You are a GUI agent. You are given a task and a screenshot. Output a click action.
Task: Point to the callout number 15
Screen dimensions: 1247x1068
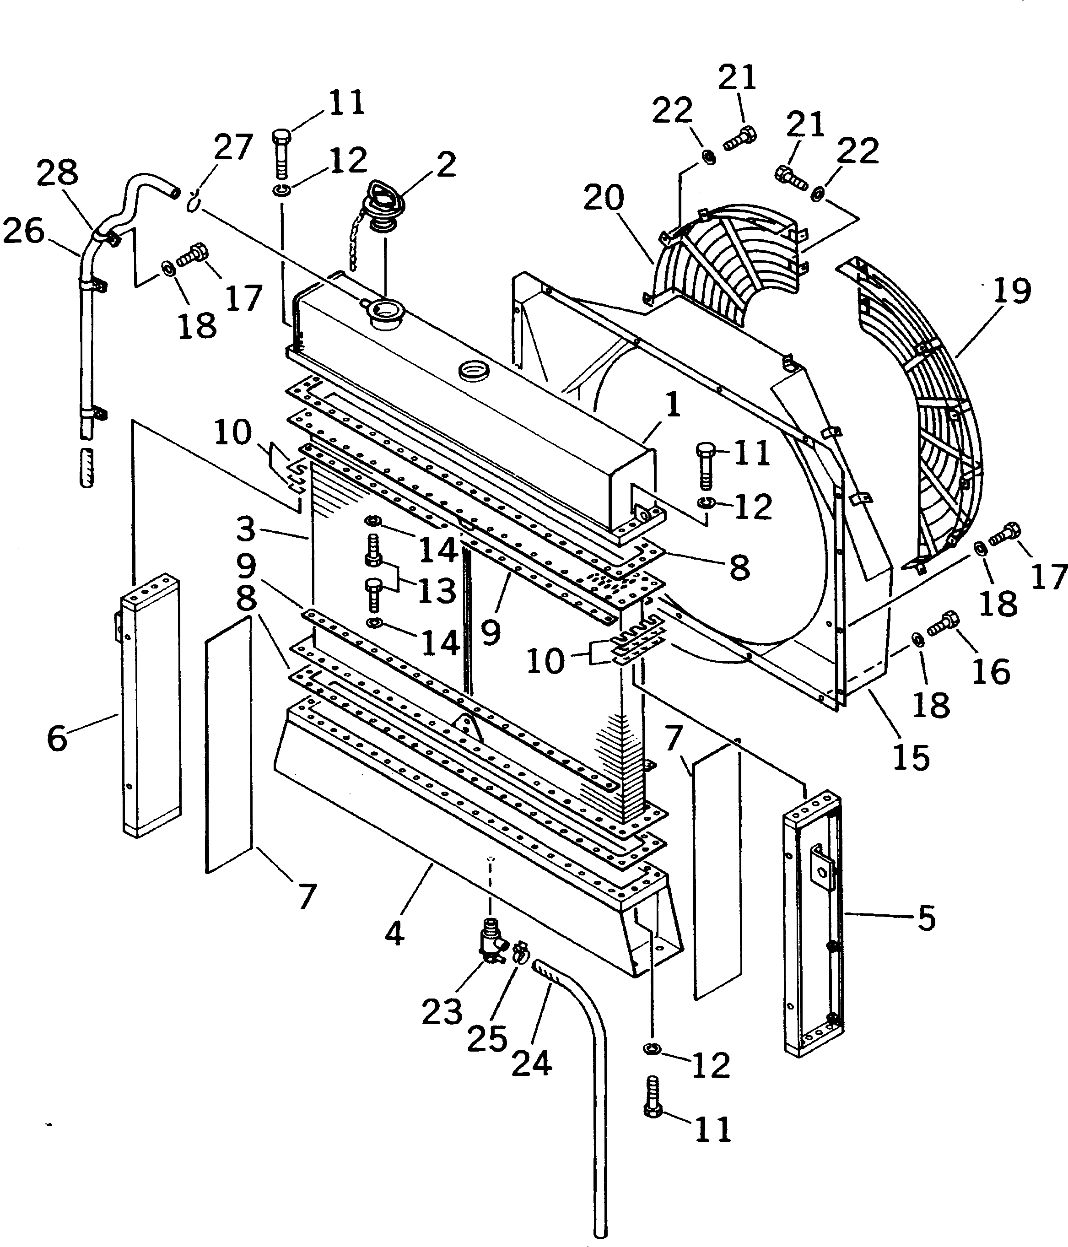(x=911, y=756)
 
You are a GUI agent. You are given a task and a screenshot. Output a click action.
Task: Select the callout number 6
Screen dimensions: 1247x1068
(x=57, y=737)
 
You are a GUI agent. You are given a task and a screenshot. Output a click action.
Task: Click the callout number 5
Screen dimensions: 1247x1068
(x=926, y=918)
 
